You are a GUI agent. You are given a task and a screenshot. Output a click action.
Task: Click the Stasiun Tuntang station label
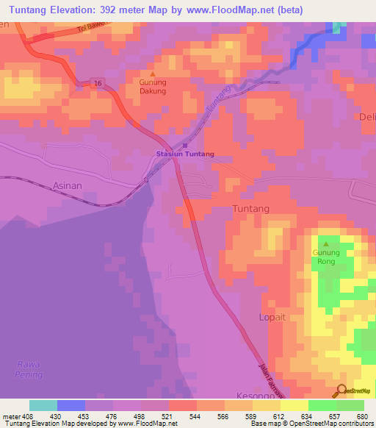[184, 154]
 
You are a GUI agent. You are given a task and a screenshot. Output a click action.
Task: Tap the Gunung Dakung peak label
[153, 86]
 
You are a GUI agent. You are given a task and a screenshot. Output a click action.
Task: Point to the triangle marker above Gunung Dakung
[153, 74]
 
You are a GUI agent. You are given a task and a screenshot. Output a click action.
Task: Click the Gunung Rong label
[326, 257]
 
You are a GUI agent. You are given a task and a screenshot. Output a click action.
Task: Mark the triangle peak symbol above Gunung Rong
[326, 244]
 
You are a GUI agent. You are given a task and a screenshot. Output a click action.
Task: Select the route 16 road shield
[98, 84]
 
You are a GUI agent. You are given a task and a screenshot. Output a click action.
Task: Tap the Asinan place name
[68, 187]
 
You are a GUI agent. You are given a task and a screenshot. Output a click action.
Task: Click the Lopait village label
[272, 317]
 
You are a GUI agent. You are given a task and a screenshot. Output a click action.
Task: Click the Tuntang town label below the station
[251, 208]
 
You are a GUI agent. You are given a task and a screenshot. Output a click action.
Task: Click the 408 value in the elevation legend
[23, 415]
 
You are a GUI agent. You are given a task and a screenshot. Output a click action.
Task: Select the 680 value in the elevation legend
[362, 415]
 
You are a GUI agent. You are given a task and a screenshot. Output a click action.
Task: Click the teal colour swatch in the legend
[43, 405]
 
